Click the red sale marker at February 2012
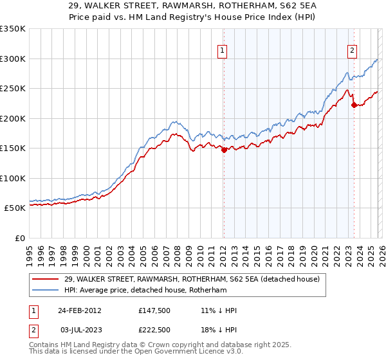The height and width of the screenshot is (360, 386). (x=224, y=150)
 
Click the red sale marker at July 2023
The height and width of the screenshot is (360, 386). (x=354, y=105)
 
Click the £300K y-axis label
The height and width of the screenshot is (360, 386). (x=13, y=59)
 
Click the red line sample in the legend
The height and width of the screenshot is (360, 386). (x=46, y=279)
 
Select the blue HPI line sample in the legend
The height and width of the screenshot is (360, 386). (x=46, y=290)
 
